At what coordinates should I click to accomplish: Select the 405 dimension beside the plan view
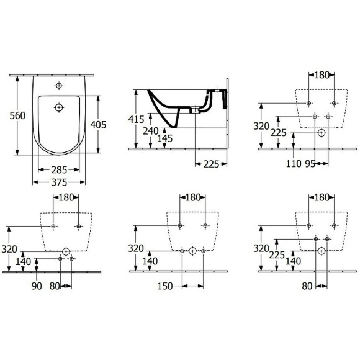(97, 125)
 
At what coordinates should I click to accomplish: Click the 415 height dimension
(137, 119)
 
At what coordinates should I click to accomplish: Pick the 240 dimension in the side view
(150, 131)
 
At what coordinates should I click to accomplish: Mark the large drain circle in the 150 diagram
(192, 251)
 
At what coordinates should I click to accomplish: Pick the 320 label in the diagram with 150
(137, 248)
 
